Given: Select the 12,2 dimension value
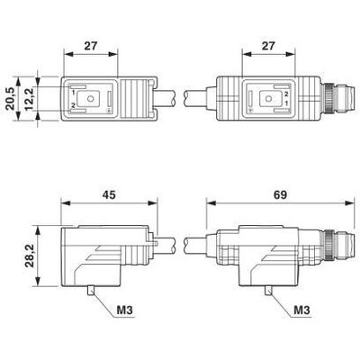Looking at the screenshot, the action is point(31,99).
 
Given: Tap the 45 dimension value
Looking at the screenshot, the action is point(109,194).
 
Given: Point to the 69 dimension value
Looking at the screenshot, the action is point(280,194).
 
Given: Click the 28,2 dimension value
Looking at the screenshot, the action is point(31,256).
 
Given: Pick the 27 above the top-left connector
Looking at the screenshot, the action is point(91,46).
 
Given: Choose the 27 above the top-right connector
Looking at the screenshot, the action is point(268,46).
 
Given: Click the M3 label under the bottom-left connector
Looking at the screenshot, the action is point(124,310).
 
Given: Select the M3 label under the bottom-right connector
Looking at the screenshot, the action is point(301,310).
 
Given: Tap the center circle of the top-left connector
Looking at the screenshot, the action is point(90,98).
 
